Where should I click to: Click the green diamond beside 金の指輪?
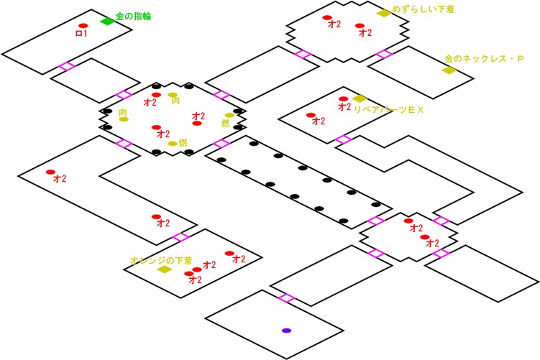107,22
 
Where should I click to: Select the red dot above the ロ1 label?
83,26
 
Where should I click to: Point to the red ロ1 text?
81,34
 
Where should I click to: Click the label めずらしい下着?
423,10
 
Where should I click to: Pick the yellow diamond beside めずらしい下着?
383,13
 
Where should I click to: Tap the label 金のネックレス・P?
484,58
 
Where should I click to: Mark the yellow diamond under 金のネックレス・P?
449,70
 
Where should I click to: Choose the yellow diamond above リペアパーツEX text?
360,98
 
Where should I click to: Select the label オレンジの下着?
161,260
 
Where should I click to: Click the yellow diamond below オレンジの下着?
164,269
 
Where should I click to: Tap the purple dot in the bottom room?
286,331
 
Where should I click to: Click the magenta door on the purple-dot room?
286,297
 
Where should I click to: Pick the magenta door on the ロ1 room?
67,67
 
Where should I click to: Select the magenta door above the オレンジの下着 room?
180,236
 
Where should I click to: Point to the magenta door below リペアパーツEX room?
343,139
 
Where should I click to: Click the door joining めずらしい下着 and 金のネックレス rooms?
384,54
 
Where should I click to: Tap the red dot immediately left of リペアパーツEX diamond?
343,99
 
